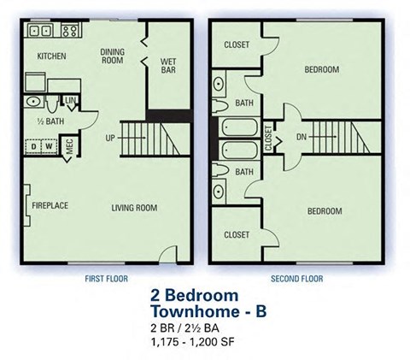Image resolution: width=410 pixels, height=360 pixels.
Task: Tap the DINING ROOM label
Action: point(113,56)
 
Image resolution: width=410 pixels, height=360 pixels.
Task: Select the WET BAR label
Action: point(168,64)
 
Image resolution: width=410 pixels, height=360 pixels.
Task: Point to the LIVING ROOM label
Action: point(134,206)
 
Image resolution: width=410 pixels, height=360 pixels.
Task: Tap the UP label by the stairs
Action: point(109,137)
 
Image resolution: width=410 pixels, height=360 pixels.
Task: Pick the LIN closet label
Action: point(69,102)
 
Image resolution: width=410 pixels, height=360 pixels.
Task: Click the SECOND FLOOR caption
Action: point(297,278)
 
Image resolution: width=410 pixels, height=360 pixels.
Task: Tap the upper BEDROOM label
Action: point(321,68)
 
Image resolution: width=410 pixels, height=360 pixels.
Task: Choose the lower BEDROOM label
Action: point(324,211)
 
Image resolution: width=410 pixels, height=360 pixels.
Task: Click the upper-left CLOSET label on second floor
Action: point(236,45)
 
